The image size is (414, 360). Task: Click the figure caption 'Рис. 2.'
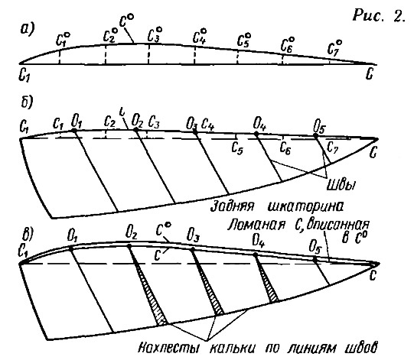379,15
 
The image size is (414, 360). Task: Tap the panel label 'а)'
28,29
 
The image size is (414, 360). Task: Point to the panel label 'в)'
28,233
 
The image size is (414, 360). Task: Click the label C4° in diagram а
199,36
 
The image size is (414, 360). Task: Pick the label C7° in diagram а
334,48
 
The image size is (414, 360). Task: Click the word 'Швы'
341,185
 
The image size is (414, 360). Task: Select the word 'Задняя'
233,206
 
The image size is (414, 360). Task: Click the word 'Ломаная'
256,225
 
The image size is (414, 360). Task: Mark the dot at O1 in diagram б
73,130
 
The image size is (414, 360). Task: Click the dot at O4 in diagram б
256,134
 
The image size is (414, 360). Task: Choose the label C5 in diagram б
237,148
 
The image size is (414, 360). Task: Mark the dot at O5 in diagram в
315,260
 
